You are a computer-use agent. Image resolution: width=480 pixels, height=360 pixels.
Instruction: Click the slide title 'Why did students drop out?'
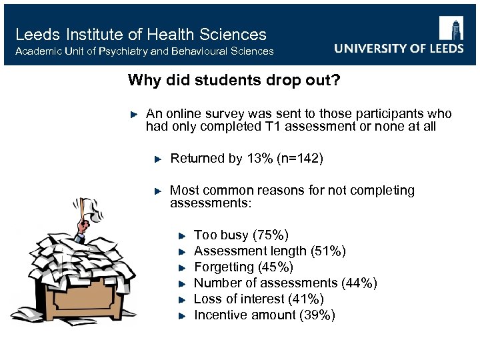(234, 81)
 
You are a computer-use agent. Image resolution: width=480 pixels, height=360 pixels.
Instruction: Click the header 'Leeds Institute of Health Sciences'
(141, 35)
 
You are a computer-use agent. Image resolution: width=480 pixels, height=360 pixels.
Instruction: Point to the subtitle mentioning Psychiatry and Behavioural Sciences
(144, 51)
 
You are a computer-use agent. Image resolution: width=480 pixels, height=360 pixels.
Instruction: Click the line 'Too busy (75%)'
(241, 235)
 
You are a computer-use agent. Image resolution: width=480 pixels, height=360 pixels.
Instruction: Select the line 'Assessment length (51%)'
(269, 251)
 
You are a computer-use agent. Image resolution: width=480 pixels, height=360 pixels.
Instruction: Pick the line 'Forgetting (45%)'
(243, 267)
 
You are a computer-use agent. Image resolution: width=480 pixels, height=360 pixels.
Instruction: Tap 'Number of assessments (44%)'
(285, 283)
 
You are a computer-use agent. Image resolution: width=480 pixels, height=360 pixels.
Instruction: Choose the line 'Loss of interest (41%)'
(259, 299)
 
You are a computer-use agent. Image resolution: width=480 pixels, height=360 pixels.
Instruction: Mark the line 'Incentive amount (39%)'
(264, 315)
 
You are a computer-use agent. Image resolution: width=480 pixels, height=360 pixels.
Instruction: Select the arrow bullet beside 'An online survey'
(133, 114)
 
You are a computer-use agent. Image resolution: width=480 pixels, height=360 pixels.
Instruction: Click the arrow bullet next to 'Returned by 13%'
(158, 159)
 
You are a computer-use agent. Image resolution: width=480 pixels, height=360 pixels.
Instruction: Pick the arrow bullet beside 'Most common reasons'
(158, 191)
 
